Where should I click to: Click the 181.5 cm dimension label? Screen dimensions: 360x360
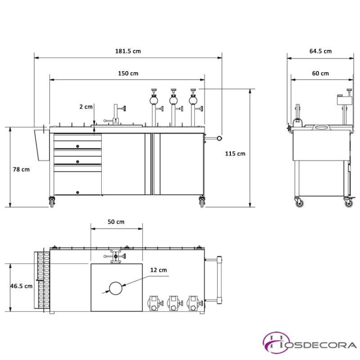(128, 51)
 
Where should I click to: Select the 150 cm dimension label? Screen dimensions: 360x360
(128, 73)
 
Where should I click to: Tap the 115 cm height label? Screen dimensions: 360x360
(235, 153)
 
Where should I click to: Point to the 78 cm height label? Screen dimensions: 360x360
(21, 170)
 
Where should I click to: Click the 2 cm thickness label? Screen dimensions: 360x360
(86, 107)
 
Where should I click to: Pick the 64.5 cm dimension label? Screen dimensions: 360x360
(320, 51)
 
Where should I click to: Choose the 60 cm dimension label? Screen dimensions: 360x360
(320, 73)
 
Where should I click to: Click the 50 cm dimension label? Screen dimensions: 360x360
(116, 222)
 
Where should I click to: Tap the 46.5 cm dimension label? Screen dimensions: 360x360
(21, 286)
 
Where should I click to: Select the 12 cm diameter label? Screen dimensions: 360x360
(158, 270)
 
